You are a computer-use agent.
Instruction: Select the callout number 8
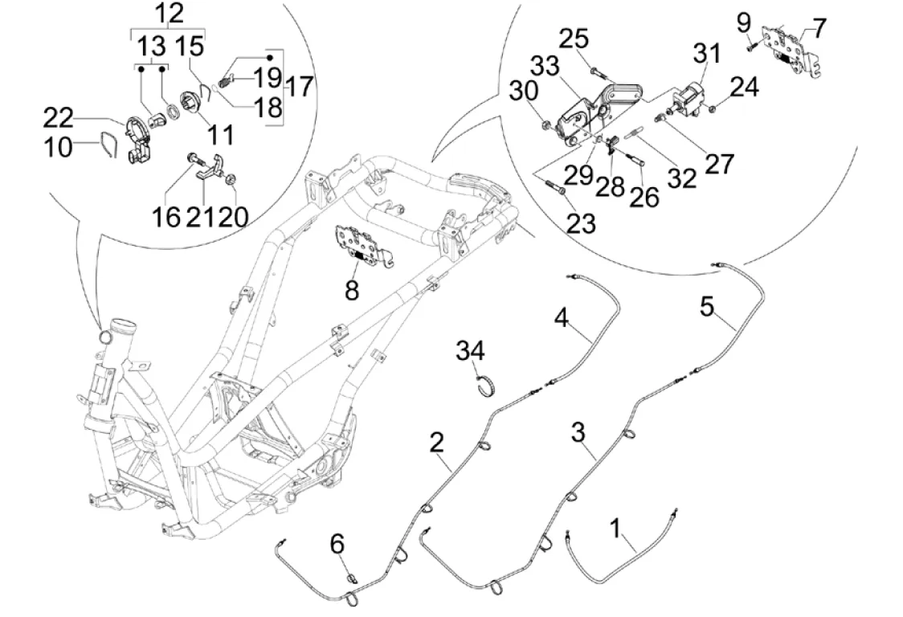(x=352, y=289)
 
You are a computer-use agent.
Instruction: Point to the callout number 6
(x=337, y=545)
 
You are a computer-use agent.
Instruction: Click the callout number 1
(x=615, y=529)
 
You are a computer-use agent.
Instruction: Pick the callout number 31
(x=708, y=55)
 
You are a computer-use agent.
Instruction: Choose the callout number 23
(x=580, y=223)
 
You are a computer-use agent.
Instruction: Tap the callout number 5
(x=706, y=307)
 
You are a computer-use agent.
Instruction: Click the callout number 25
(x=596, y=39)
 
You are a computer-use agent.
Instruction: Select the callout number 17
(x=299, y=86)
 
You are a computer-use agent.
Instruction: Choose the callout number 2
(x=436, y=442)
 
